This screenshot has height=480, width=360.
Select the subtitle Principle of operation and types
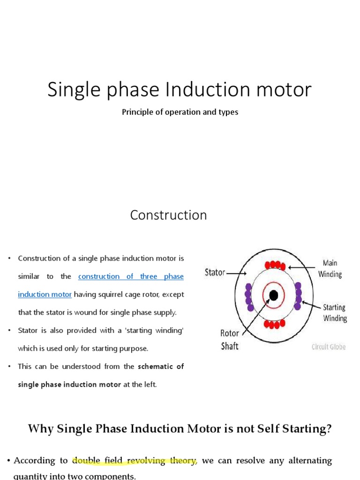pos(180,112)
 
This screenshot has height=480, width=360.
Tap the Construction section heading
pos(168,215)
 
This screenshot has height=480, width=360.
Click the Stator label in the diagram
pos(215,272)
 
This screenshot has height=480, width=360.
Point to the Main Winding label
pos(330,268)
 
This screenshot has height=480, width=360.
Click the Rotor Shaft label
pos(230,339)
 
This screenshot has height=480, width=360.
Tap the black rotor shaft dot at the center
pos(274,295)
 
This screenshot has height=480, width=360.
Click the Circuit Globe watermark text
pos(329,347)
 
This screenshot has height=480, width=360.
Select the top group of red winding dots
pos(274,265)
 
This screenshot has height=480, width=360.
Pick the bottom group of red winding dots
pos(274,324)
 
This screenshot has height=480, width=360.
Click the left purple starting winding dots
pos(249,298)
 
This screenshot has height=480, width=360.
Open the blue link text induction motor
pos(45,294)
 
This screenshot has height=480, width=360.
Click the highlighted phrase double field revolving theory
pos(135,460)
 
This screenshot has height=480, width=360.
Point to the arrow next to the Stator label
pos(236,272)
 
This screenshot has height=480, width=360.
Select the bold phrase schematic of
pos(161,366)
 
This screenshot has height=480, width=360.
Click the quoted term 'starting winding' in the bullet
pos(155,330)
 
